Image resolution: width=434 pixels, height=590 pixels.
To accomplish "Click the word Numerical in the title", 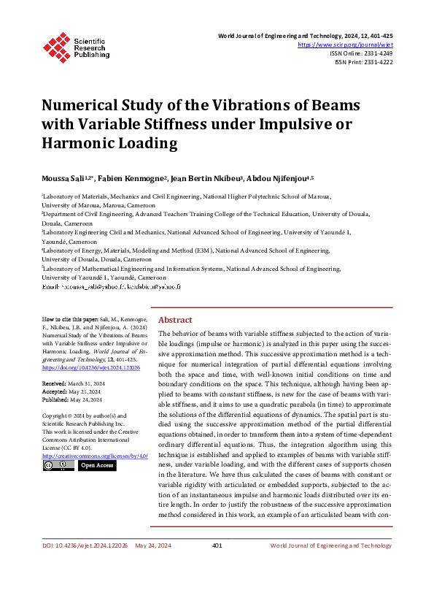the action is click(x=85, y=104).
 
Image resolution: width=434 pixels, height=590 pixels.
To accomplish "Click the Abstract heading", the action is click(x=175, y=320).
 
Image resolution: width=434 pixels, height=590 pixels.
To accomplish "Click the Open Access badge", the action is click(x=96, y=465).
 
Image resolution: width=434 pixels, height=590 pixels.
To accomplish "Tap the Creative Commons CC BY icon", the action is click(x=58, y=465).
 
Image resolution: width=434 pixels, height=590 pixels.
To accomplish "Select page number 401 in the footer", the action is click(x=217, y=566).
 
